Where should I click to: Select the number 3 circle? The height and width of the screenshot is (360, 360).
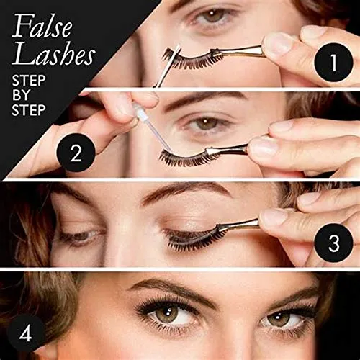click(330, 243)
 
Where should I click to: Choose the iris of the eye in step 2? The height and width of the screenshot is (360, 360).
click(207, 125)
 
